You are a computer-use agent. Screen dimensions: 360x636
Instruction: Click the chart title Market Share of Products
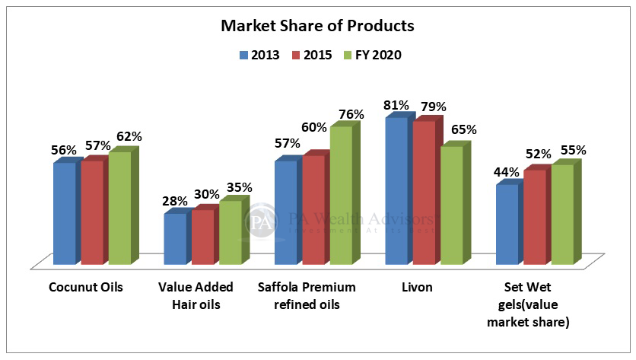(x=317, y=26)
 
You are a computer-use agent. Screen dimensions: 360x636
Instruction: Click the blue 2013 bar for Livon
(x=396, y=190)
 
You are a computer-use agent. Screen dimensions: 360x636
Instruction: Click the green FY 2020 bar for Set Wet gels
(x=562, y=214)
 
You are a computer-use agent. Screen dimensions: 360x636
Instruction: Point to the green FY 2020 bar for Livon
(x=452, y=205)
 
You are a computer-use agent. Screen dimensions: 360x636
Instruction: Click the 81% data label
(x=396, y=105)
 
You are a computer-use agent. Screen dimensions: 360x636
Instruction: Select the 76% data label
(x=351, y=114)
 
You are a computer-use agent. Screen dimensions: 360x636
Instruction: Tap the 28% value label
(x=175, y=201)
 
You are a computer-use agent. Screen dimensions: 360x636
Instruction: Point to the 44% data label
(x=506, y=172)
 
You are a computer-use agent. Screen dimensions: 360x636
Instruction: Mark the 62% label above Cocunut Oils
(x=129, y=137)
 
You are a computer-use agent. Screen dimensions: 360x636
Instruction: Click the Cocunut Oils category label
(x=85, y=288)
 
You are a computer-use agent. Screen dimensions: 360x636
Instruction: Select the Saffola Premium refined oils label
(x=308, y=296)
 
